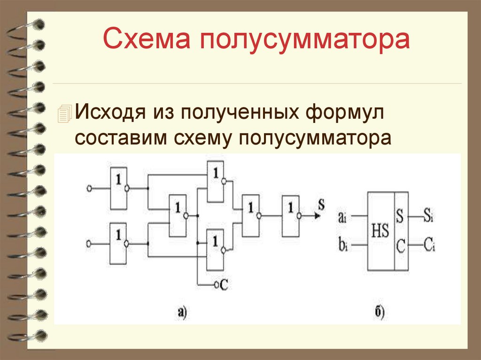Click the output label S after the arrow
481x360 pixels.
[321, 205]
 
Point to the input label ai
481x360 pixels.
[341, 217]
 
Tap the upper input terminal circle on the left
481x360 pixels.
[89, 188]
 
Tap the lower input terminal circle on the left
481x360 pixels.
[89, 244]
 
